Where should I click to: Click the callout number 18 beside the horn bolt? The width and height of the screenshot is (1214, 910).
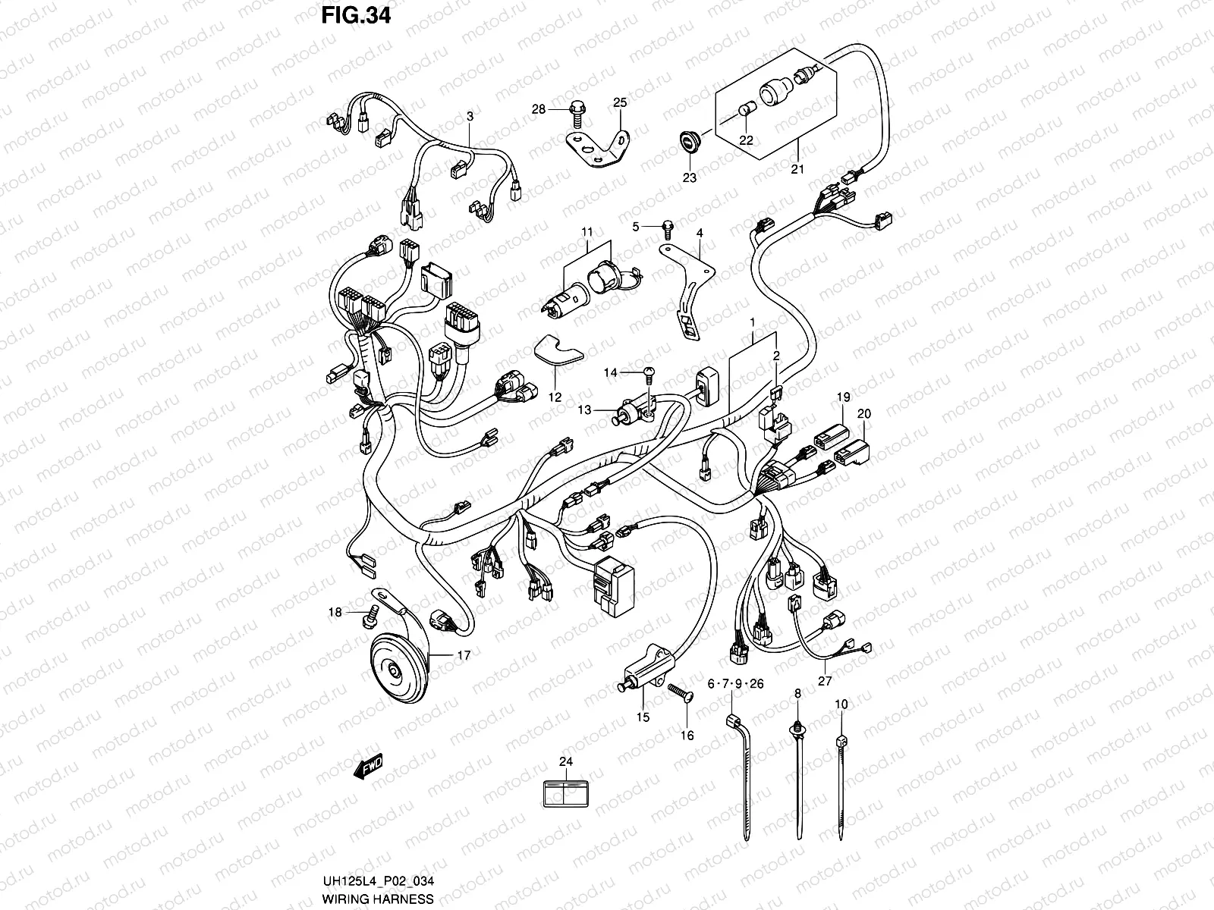pyautogui.click(x=335, y=612)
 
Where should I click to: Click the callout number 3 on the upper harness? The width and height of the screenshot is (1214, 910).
pyautogui.click(x=470, y=116)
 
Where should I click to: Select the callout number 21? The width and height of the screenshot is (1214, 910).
pyautogui.click(x=797, y=169)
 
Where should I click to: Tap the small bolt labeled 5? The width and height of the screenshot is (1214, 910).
pyautogui.click(x=668, y=226)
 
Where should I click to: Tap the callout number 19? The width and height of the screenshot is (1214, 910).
pyautogui.click(x=844, y=397)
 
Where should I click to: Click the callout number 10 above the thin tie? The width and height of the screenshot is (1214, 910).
pyautogui.click(x=841, y=704)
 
